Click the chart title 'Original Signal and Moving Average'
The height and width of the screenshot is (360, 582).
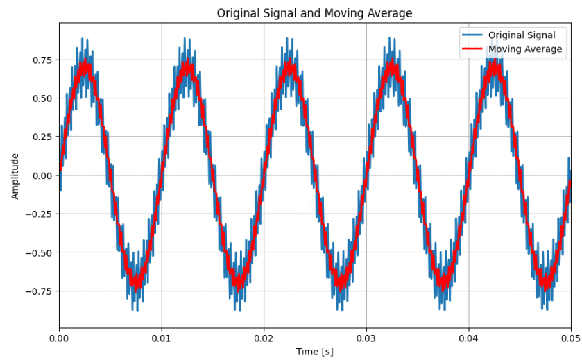pos(314,13)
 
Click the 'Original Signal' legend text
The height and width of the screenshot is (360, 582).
pos(522,35)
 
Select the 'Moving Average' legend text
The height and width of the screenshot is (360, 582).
pos(525,49)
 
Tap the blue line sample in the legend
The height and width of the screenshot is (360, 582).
pos(472,35)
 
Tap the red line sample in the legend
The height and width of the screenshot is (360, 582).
pos(472,49)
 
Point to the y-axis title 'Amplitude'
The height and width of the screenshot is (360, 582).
pos(15,175)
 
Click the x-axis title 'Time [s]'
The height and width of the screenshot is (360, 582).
pos(314,352)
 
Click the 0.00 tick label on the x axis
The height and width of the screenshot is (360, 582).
pos(60,339)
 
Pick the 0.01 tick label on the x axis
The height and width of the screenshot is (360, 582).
pos(162,339)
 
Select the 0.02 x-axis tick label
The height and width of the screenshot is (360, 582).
pos(264,339)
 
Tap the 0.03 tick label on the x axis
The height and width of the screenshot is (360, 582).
pos(366,339)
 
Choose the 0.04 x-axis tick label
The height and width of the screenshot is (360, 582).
pos(469,339)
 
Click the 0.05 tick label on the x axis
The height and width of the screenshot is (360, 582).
pos(570,339)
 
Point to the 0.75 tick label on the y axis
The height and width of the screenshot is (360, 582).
pos(42,60)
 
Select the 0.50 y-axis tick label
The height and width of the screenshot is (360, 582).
pos(42,98)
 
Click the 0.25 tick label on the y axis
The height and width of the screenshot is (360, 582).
pos(42,137)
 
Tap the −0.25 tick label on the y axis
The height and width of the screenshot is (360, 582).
pos(39,214)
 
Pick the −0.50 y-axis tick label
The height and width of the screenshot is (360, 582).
pos(39,252)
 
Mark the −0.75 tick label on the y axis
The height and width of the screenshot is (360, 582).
pos(39,291)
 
